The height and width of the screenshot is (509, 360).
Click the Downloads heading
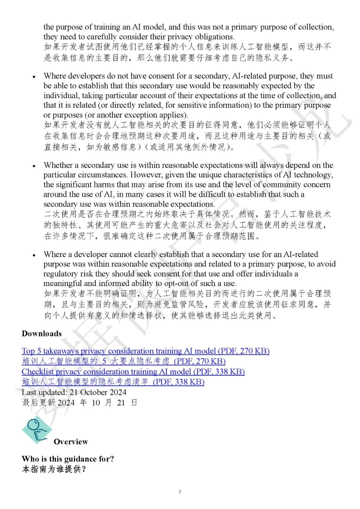[42, 334]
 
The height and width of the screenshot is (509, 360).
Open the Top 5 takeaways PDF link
[145, 351]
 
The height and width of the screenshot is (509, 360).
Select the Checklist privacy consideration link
[133, 372]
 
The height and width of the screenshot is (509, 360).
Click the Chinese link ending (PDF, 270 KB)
[124, 361]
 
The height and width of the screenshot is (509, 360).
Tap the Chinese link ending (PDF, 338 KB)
[113, 382]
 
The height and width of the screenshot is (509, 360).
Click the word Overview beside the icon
[71, 442]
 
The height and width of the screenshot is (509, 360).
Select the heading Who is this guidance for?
[68, 459]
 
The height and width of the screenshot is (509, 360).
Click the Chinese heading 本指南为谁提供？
[54, 469]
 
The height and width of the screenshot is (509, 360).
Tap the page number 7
[180, 492]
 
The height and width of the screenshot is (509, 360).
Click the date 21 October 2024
[98, 392]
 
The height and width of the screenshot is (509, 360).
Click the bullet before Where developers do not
[34, 77]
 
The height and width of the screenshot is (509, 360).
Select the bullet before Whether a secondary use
[34, 166]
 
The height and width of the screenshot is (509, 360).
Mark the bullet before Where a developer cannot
[34, 255]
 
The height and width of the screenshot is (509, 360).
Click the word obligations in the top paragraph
[215, 37]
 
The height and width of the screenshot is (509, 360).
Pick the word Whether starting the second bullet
[58, 165]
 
